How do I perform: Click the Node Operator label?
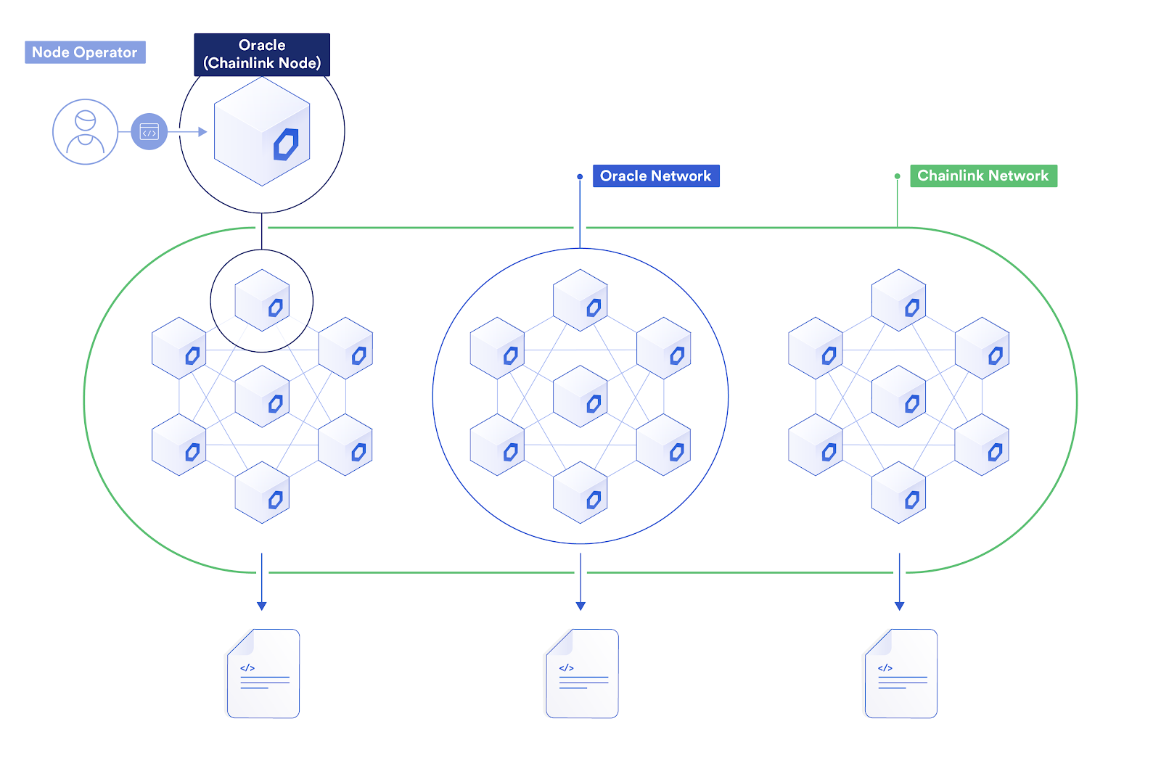[x=85, y=52]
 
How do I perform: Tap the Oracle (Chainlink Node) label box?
[x=262, y=54]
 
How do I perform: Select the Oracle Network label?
[x=656, y=176]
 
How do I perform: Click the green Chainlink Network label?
[x=983, y=176]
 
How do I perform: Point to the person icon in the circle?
[x=86, y=132]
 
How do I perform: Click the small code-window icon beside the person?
[x=149, y=132]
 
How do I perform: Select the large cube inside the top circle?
[x=262, y=132]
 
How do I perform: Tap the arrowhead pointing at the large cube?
[x=203, y=132]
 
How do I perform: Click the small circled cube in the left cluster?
[x=262, y=300]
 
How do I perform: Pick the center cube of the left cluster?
[x=262, y=396]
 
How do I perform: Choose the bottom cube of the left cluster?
[x=262, y=493]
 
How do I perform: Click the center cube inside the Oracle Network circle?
[x=580, y=396]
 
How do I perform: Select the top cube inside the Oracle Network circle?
[x=580, y=300]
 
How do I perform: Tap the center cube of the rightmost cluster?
[x=898, y=396]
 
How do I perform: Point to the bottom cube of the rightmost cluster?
[x=898, y=493]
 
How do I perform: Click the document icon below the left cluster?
[x=263, y=673]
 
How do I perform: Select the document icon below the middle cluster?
[x=582, y=673]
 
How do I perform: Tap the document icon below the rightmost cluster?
[x=901, y=673]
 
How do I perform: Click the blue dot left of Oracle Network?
[x=580, y=176]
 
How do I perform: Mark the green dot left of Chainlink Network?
[x=898, y=176]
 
